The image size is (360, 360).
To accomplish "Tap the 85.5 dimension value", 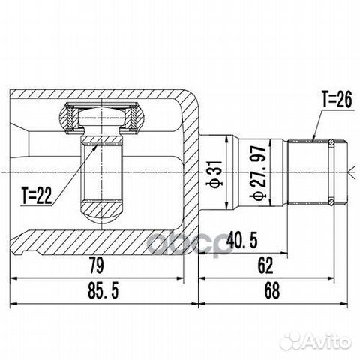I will [97, 289].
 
